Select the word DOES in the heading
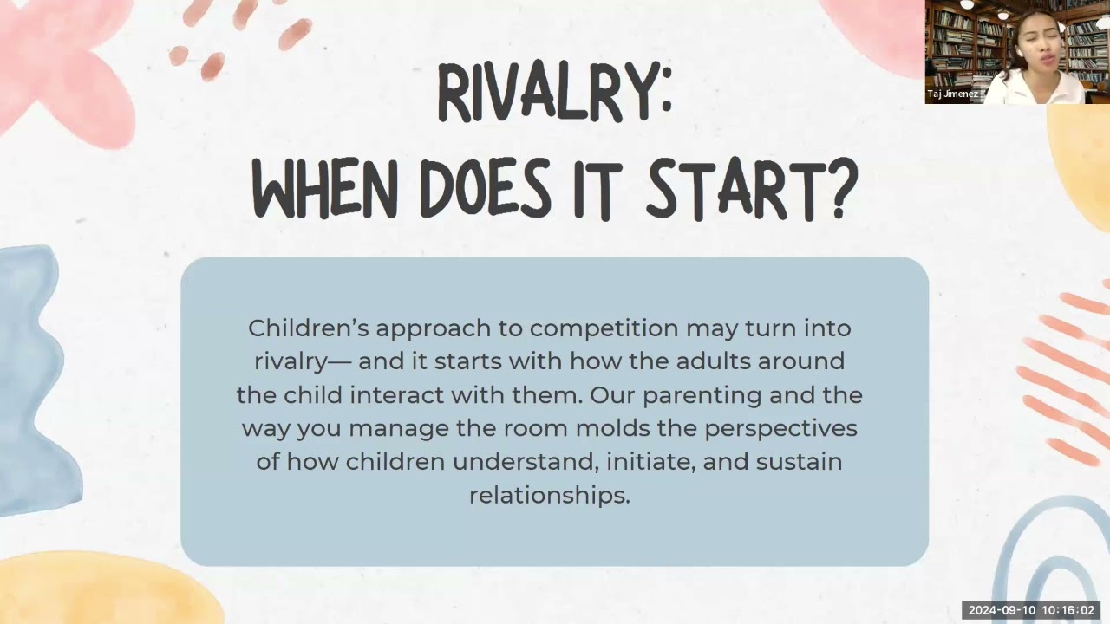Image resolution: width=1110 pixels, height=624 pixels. (x=486, y=189)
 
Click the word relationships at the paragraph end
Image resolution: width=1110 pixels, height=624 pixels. (x=550, y=496)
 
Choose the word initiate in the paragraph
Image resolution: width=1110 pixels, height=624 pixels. (x=650, y=462)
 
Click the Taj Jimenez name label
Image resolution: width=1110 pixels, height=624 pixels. (x=952, y=94)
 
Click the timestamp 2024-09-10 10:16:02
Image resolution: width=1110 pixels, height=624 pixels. (x=1031, y=610)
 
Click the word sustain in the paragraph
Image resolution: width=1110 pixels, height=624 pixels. (x=799, y=462)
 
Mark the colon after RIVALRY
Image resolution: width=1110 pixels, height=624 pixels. (x=665, y=93)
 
